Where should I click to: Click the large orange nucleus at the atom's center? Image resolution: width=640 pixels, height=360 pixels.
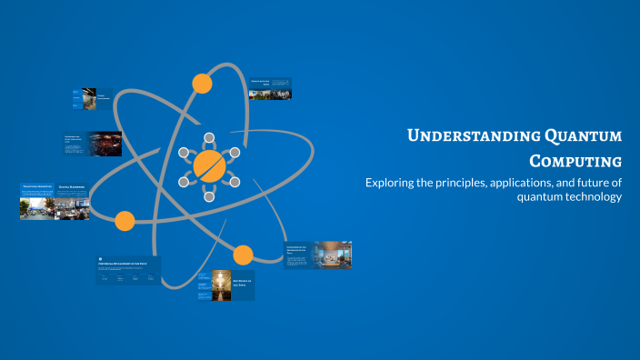[x=209, y=166]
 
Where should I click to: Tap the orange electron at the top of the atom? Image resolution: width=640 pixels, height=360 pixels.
[x=202, y=84]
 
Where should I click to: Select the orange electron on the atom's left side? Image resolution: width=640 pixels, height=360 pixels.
[x=125, y=220]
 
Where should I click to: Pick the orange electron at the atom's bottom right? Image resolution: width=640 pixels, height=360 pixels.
[x=243, y=255]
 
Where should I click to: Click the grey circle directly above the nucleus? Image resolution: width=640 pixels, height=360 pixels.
[x=209, y=137]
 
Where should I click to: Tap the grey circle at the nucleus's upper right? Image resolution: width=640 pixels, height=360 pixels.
[x=235, y=152]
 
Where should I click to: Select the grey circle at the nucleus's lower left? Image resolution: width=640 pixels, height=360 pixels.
[x=184, y=182]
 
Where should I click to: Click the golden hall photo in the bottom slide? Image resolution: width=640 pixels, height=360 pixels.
[x=221, y=285]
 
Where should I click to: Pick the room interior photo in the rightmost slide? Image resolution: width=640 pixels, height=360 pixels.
[x=331, y=255]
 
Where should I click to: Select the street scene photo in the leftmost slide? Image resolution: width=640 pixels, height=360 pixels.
[x=37, y=207]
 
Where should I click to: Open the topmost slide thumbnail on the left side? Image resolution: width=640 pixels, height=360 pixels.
[x=92, y=99]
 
